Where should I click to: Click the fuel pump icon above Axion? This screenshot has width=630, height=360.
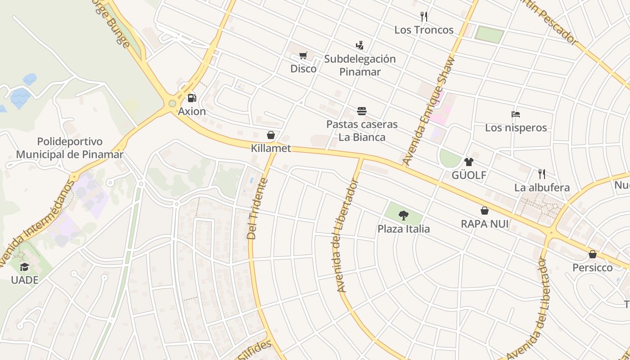point(192,98)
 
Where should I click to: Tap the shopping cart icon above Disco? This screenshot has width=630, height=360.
point(303,56)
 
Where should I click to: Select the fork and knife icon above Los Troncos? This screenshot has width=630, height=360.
point(423,17)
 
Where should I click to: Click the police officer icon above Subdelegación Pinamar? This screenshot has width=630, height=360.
point(359,45)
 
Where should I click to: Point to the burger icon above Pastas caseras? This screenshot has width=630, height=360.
point(362,111)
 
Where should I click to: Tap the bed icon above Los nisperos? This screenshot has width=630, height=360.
point(516,114)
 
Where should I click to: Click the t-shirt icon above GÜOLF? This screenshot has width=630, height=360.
point(469,162)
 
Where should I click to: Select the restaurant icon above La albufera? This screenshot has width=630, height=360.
point(542,174)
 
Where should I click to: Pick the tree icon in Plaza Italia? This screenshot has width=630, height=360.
point(404,216)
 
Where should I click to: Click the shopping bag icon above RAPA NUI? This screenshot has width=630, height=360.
point(485,211)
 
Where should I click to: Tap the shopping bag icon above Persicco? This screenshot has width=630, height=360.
point(593,254)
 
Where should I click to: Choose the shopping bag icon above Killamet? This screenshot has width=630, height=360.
point(271,135)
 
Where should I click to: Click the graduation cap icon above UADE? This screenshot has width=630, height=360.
point(24,267)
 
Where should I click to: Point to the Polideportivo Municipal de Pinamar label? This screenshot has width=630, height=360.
point(70,148)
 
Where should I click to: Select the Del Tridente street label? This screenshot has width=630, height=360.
point(258,209)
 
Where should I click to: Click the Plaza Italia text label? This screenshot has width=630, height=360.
point(404,229)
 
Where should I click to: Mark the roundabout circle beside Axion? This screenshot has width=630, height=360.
point(172,103)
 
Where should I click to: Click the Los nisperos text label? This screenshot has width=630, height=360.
point(516,127)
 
